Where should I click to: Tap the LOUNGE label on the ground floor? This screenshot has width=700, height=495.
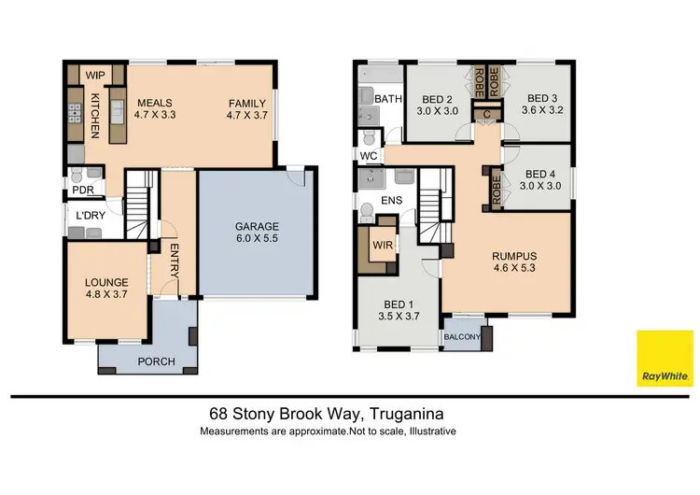point(105,282)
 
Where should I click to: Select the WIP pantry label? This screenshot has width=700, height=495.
point(95,75)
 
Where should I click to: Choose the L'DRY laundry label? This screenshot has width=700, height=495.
point(91,216)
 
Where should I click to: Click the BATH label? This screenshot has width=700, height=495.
point(387,98)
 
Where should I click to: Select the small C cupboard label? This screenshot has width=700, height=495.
point(486,114)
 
